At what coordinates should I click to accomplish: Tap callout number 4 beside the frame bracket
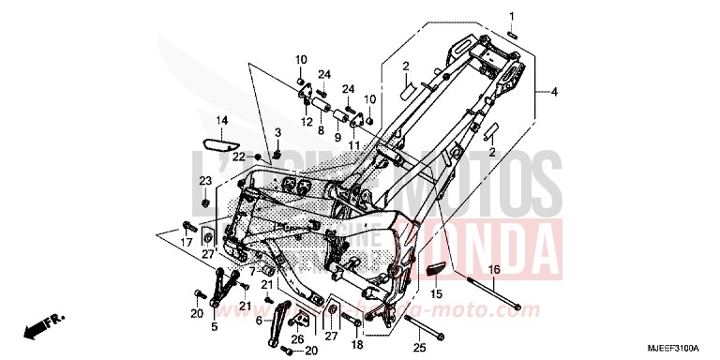(554, 92)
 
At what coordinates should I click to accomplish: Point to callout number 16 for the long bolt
(496, 270)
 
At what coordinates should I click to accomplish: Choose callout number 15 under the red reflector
(435, 293)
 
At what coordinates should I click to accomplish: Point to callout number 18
(355, 344)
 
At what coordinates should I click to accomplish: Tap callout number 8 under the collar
(320, 131)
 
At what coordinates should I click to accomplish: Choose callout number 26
(298, 340)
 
